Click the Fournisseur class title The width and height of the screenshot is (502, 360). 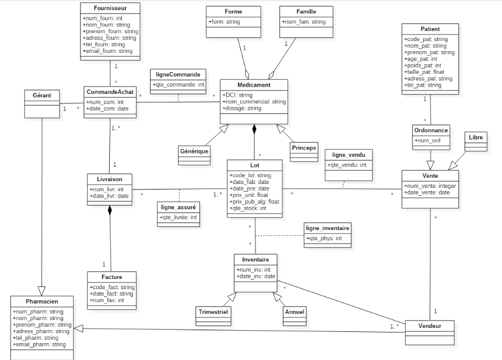tap(110, 8)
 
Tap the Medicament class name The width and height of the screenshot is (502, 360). tap(254, 85)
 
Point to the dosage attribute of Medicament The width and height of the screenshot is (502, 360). tap(242, 109)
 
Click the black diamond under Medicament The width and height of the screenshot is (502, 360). tap(254, 129)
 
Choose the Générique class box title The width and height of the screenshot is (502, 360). tap(195, 151)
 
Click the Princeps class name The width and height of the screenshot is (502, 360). tap(304, 148)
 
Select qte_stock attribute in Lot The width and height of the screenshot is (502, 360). tap(248, 208)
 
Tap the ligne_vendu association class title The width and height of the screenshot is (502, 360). tap(349, 155)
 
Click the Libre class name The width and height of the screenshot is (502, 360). tap(476, 137)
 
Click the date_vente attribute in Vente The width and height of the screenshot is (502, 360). tap(428, 193)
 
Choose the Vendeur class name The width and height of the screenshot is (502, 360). tap(430, 326)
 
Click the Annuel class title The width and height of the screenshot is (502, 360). tap(295, 311)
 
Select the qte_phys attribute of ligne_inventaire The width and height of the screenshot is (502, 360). tap(324, 238)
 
